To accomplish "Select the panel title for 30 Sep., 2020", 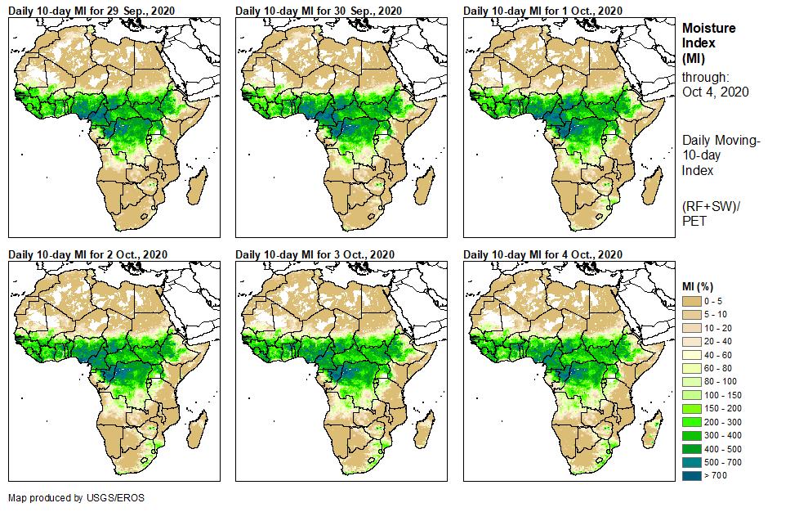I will click(x=319, y=10).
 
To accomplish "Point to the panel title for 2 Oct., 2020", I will click(x=87, y=254).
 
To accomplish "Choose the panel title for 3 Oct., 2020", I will click(x=315, y=254).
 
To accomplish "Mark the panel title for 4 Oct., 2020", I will click(x=542, y=254).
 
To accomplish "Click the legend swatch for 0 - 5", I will click(x=693, y=302).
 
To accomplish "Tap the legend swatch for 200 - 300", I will click(x=693, y=420).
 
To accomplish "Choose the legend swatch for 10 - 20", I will click(x=693, y=328).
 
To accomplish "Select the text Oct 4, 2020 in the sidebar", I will click(x=715, y=92).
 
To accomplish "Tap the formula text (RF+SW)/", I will click(x=709, y=206).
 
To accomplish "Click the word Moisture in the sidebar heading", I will click(x=708, y=28).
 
